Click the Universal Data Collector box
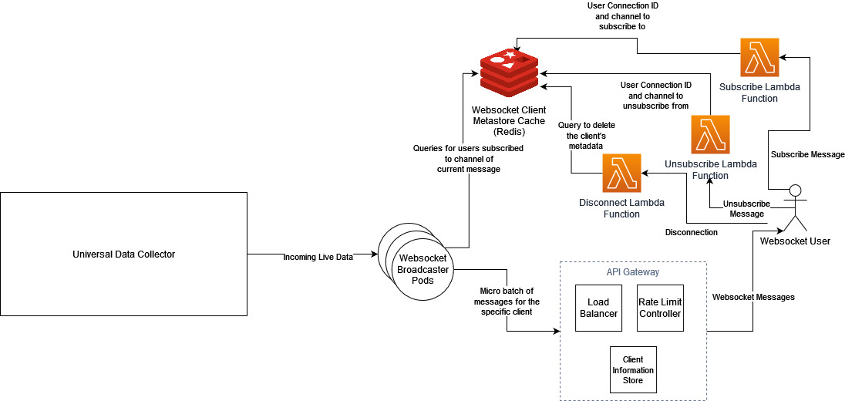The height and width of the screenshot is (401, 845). click(124, 254)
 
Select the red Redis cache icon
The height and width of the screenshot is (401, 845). click(509, 70)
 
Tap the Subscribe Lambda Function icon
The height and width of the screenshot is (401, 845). click(759, 58)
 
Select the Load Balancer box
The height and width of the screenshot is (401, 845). click(598, 308)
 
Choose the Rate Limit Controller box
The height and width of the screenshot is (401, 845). click(660, 308)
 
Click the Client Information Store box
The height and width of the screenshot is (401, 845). click(633, 370)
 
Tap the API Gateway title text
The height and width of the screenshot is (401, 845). click(632, 272)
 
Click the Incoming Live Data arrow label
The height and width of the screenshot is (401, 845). click(318, 257)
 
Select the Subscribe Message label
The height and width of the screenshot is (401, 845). click(808, 154)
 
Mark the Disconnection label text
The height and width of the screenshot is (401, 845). click(691, 232)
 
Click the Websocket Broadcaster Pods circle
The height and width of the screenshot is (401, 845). click(422, 270)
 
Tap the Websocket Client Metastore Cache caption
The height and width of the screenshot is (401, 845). click(509, 122)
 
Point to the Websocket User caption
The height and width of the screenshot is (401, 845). click(795, 241)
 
